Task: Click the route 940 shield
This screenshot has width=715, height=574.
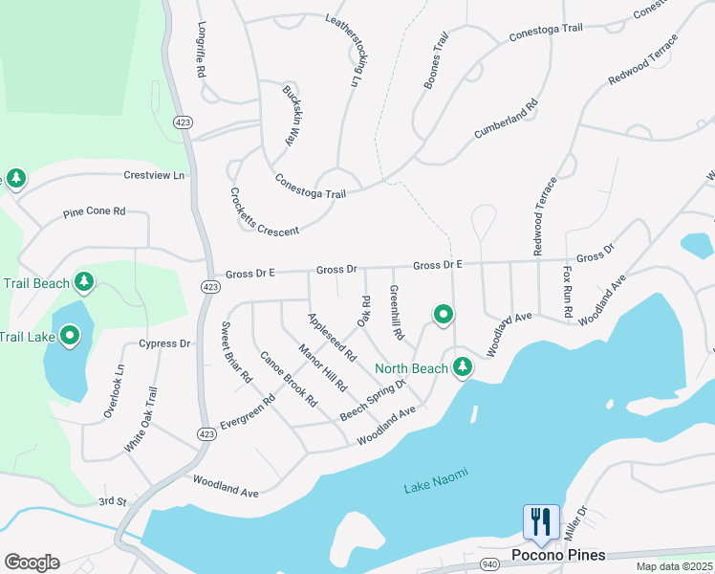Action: click(490, 564)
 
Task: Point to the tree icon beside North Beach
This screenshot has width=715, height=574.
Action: click(463, 366)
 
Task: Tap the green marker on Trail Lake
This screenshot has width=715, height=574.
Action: click(70, 335)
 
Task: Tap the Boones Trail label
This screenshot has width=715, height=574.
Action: click(436, 61)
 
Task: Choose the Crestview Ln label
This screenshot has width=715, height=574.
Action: click(154, 176)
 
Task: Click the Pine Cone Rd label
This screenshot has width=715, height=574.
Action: click(94, 211)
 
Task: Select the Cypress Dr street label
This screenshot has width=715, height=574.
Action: click(164, 343)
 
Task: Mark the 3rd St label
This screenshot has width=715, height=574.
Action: click(112, 501)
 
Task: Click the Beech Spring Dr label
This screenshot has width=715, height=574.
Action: click(374, 399)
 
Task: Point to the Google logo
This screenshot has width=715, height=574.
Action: click(32, 562)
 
